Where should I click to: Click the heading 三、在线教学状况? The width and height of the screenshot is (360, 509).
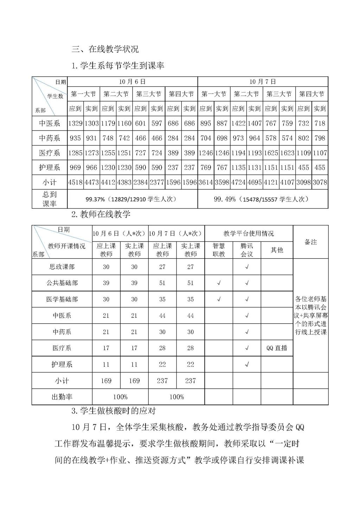tap(105, 49)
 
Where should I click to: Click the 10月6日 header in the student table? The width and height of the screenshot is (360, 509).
tap(132, 82)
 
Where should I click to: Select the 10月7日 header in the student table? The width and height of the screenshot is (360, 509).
tap(263, 82)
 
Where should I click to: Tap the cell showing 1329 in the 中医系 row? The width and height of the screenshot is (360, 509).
tap(75, 123)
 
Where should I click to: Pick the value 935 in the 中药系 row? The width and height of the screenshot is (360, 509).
tap(75, 138)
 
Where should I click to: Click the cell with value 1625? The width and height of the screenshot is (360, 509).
tap(271, 153)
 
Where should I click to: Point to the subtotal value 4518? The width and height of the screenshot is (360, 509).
tap(75, 182)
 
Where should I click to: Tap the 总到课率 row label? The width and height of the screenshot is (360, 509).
tap(49, 199)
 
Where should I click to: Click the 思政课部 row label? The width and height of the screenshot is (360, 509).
tap(62, 267)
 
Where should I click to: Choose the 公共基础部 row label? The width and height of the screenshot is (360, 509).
tap(62, 283)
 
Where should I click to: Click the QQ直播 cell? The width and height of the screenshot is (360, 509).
tap(277, 348)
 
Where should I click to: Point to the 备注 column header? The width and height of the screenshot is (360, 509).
tap(311, 242)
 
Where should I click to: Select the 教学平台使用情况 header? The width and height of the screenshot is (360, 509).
tap(249, 233)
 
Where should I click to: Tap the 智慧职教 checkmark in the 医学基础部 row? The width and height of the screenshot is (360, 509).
tap(219, 299)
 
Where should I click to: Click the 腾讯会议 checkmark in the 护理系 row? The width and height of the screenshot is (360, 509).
tap(247, 365)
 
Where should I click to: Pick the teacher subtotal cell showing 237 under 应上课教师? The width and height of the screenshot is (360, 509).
tap(162, 381)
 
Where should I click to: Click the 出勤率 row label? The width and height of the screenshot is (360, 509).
tap(62, 397)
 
